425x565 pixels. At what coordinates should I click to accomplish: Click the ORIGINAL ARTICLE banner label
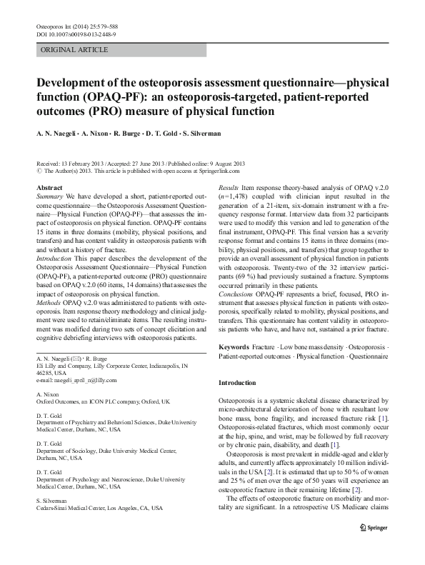click(75, 50)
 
